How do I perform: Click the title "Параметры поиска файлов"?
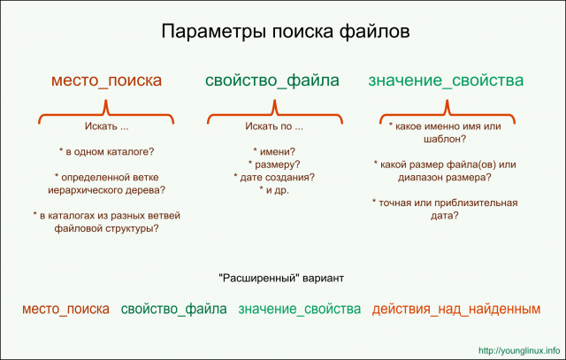click(x=284, y=34)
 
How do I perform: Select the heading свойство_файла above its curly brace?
click(x=272, y=81)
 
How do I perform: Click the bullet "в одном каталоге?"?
click(x=106, y=151)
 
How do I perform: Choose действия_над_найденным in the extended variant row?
click(x=455, y=309)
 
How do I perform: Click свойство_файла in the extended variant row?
click(x=174, y=309)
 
